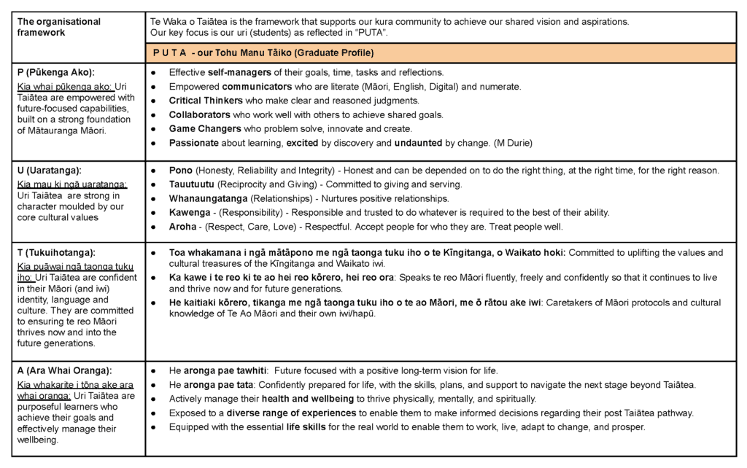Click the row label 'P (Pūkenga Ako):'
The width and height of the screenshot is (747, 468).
point(55,72)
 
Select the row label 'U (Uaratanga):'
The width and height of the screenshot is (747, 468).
point(50,170)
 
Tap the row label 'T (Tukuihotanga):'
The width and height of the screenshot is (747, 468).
point(56,252)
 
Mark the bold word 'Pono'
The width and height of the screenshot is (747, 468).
point(180,170)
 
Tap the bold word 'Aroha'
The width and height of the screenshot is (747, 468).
point(182,227)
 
